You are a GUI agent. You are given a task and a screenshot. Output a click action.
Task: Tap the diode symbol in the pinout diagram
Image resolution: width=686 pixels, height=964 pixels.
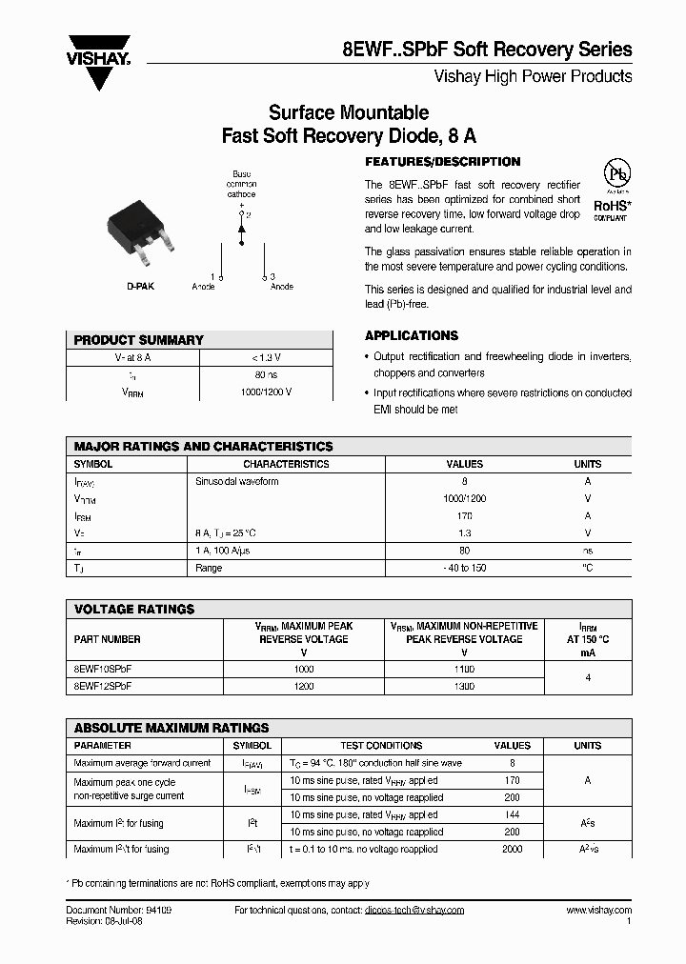coord(241,231)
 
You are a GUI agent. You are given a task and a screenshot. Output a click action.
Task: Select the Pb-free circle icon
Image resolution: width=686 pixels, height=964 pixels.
coord(618,174)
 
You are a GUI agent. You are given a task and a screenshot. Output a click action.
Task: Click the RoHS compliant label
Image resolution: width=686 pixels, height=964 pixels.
coord(613,208)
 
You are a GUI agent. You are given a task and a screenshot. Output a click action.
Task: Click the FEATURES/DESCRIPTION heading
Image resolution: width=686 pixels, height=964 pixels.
coord(443,162)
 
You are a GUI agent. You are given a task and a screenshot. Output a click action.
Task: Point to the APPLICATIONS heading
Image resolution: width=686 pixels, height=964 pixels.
coord(412,336)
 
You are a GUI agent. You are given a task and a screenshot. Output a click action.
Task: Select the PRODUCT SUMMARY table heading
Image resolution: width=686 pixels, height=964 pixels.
coord(139,340)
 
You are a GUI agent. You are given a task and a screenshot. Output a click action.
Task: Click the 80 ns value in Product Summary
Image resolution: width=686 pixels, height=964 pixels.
coord(266,374)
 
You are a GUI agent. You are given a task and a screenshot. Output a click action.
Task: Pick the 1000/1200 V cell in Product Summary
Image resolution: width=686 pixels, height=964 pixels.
coord(266,392)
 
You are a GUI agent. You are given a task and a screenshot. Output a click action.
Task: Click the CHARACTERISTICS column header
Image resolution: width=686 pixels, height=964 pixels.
coord(286,465)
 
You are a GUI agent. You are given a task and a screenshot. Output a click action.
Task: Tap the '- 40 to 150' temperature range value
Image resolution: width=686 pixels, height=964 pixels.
coord(464,568)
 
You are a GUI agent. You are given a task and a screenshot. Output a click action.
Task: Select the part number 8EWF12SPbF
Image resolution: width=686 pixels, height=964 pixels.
coord(103,685)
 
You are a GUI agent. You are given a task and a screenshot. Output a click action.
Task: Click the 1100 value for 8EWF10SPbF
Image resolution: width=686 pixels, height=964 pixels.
coord(464,670)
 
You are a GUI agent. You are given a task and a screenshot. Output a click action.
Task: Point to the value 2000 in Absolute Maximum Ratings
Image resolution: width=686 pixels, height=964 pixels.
coord(512,849)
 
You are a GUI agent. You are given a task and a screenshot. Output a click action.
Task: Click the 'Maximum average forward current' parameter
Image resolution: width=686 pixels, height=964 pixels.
coord(142,763)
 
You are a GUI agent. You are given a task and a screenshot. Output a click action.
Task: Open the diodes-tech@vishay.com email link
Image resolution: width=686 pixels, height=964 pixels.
coord(414,910)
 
